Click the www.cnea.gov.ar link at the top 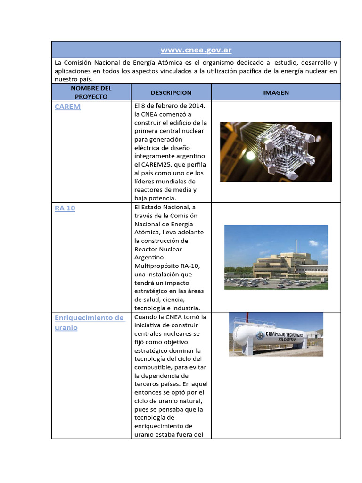click(196, 50)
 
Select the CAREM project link click(67, 107)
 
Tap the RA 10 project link click(65, 208)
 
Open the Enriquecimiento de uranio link click(89, 318)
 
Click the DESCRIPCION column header click(171, 92)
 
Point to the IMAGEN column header click(276, 92)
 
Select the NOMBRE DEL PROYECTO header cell click(91, 92)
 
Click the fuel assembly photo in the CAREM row click(276, 151)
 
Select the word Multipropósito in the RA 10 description click(158, 266)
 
